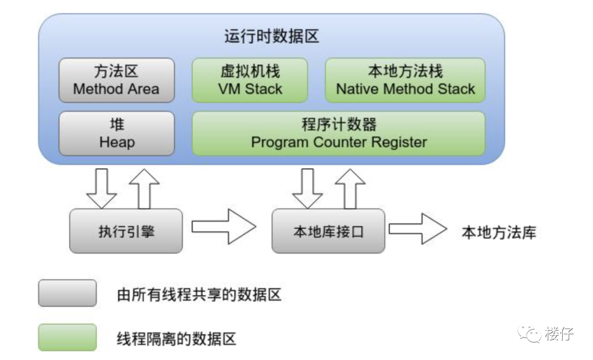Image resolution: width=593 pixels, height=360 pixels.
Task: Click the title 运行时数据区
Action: pos(271,36)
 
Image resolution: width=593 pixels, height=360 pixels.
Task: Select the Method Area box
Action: pos(116,80)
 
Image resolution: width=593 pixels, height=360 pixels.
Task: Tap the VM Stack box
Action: pos(250,80)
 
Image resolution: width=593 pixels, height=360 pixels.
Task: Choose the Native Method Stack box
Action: pos(405,80)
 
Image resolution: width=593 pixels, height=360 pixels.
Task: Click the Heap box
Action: pos(116,133)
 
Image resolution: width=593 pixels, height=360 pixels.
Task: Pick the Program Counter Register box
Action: pos(338,133)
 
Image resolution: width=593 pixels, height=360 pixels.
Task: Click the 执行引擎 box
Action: pos(126,231)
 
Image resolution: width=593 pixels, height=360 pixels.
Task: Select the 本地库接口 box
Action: pos(328,231)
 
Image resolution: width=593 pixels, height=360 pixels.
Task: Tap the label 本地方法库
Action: pos(498,233)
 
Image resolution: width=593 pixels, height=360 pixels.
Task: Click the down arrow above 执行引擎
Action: pos(102,188)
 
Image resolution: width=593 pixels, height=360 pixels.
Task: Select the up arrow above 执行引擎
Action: pos(144,188)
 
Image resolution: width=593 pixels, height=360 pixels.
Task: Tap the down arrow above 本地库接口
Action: pos(307,188)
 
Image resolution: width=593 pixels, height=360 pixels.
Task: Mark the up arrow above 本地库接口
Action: pos(350,188)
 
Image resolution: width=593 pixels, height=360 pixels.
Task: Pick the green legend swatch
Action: pos(67,337)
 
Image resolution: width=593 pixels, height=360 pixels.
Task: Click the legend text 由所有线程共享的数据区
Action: pos(199,295)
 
